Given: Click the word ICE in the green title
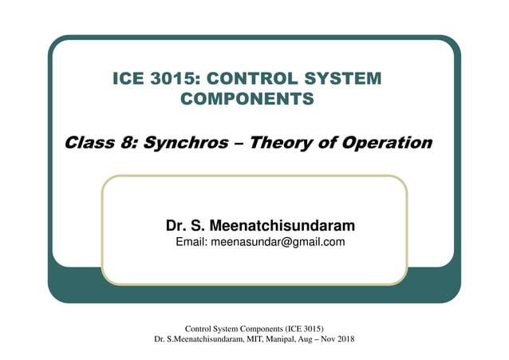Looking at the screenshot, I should [131, 79].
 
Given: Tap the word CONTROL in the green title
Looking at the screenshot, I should [266, 79].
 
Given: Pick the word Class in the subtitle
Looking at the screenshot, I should [90, 144].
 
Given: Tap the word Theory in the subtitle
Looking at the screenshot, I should [282, 144].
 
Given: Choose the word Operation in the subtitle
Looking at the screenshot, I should [386, 144].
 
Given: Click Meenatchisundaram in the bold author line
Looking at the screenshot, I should [281, 226].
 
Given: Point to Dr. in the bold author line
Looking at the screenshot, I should [176, 226].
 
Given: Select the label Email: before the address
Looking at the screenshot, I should [191, 242].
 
